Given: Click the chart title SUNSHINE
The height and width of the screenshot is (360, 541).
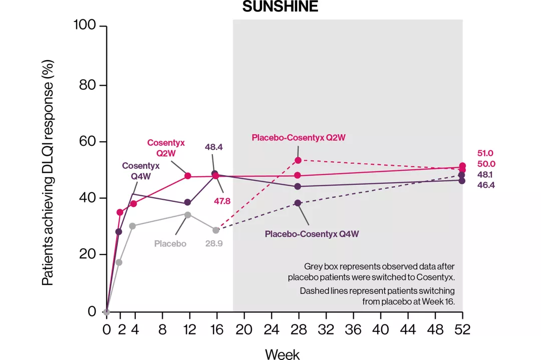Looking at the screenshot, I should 280,7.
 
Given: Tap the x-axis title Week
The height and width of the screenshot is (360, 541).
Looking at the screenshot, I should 282,353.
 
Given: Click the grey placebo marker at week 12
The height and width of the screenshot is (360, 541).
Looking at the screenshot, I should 188,215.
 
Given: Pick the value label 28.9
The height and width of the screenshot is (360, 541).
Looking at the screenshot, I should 215,244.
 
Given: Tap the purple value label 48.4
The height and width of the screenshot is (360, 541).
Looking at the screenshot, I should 214,147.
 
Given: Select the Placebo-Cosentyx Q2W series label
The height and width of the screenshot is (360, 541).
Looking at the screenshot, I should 299,137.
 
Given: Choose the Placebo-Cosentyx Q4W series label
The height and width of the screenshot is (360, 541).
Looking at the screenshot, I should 312,234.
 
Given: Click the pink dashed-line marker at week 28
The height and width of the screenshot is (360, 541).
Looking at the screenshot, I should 298,160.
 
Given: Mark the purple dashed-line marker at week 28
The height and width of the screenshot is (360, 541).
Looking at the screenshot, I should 298,203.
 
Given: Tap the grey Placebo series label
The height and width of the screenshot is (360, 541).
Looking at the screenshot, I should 170,244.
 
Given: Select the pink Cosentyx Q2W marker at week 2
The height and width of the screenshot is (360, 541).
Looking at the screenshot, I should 120,212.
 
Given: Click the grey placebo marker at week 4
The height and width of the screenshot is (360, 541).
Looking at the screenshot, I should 133,226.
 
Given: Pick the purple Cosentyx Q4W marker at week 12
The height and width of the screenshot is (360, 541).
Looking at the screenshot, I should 188,202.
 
